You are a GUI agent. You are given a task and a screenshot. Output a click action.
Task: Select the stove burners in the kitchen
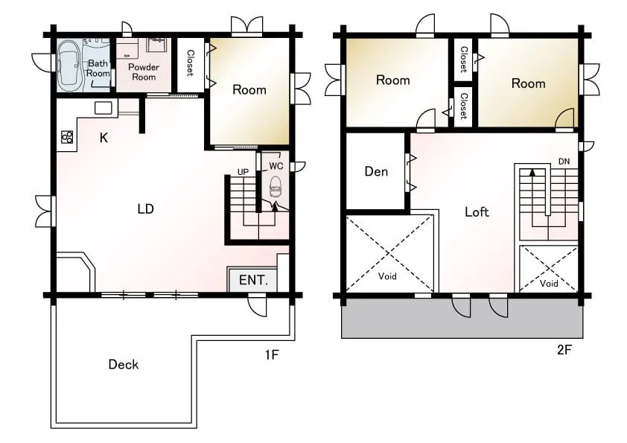pos(67,137)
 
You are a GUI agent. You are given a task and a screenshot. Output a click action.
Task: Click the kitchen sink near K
pos(103,108)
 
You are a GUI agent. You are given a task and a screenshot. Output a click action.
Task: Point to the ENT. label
pos(253,280)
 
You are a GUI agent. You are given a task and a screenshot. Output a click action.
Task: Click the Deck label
pos(124,364)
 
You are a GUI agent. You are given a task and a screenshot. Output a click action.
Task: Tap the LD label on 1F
pos(145,208)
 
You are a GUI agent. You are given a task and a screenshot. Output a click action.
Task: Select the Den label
pos(376,171)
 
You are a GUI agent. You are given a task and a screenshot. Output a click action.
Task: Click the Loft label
pos(477,211)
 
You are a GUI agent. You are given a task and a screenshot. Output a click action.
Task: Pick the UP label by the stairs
pos(243,172)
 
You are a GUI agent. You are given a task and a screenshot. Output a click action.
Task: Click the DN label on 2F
pos(564,162)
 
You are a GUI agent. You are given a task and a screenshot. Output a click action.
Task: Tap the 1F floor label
pos(272,354)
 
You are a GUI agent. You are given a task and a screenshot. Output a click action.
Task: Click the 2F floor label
pos(564,350)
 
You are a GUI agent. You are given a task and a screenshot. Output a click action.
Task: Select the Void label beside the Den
pos(387,276)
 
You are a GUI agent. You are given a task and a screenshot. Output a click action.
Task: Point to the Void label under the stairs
pos(549,284)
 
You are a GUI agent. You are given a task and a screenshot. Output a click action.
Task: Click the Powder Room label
pos(144,72)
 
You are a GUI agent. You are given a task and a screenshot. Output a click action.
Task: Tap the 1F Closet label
pos(191,63)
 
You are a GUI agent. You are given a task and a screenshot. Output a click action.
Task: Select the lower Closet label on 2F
pos(464,106)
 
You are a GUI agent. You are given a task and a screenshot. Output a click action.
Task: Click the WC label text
pos(276,166)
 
